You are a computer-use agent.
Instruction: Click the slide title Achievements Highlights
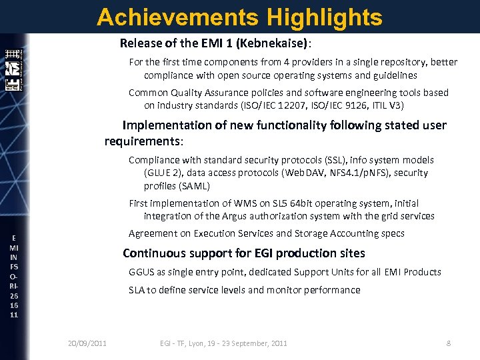tap(239, 17)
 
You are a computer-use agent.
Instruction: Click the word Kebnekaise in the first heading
tap(275, 44)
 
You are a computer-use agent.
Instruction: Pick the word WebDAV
tap(303, 173)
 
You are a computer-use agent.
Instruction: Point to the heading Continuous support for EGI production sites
tap(244, 253)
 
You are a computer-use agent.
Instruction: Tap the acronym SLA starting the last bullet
tap(137, 290)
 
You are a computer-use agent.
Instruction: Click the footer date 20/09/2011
tap(87, 343)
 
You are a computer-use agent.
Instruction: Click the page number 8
tap(449, 343)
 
